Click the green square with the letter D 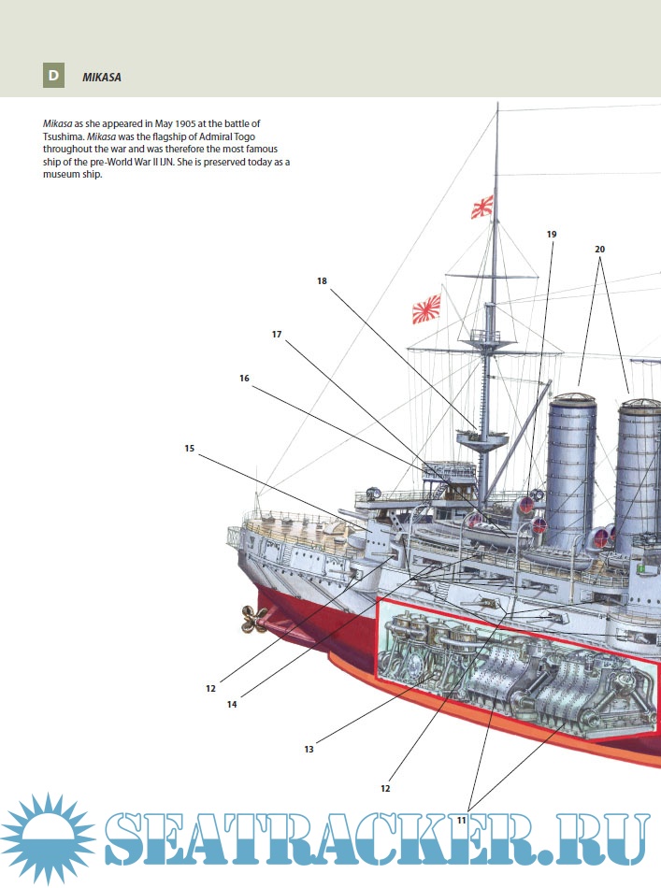53,77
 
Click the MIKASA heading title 102,78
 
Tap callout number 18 322,279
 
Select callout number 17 277,334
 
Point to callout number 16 244,379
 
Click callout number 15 190,449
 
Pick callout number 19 552,234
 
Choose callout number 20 600,250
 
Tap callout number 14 231,704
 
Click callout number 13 309,749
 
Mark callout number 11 462,820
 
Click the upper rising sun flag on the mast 482,207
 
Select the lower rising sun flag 426,308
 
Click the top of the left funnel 571,400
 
